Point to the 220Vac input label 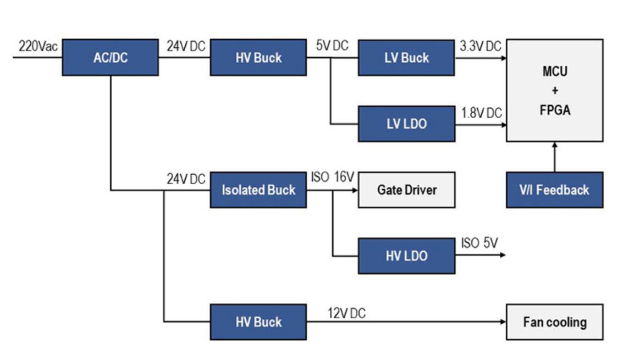pyautogui.click(x=38, y=46)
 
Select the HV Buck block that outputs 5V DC pyautogui.click(x=258, y=57)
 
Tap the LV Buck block pyautogui.click(x=406, y=57)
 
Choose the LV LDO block pyautogui.click(x=406, y=124)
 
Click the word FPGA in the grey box pyautogui.click(x=554, y=110)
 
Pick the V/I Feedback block pyautogui.click(x=554, y=190)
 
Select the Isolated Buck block pyautogui.click(x=258, y=190)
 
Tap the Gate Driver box pyautogui.click(x=406, y=190)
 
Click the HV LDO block pyautogui.click(x=406, y=256)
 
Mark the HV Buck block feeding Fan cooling pyautogui.click(x=258, y=322)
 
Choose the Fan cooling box pyautogui.click(x=554, y=322)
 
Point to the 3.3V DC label pyautogui.click(x=481, y=46)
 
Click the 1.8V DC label pyautogui.click(x=481, y=113)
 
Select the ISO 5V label pyautogui.click(x=479, y=243)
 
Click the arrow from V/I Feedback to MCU pyautogui.click(x=554, y=157)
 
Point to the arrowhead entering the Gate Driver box pyautogui.click(x=355, y=190)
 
